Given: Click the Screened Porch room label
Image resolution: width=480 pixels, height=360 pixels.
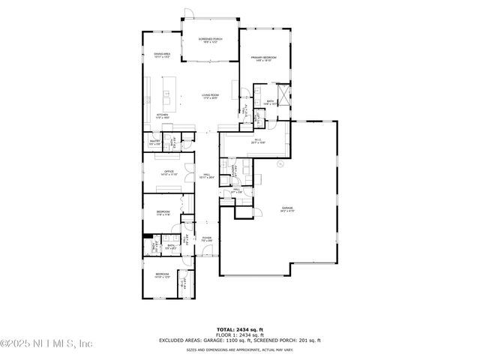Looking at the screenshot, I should point(211,40).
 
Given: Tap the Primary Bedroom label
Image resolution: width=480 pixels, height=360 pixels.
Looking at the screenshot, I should point(264,58).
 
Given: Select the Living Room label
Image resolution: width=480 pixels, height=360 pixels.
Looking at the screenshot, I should point(210,96).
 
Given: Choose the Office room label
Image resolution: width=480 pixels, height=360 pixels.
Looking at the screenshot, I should point(169,172).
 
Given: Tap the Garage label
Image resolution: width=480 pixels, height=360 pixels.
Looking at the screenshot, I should point(287,208).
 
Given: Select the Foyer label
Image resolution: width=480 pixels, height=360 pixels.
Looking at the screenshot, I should point(207,239).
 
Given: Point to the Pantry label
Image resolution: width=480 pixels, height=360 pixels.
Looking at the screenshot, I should point(154,142).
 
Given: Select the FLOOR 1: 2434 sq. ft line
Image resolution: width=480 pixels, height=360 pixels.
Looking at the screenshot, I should point(239,335).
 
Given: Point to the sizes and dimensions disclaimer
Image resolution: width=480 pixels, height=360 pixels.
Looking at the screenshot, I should point(239,348).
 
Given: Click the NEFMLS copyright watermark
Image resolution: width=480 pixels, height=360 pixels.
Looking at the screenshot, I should point(46,343).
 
